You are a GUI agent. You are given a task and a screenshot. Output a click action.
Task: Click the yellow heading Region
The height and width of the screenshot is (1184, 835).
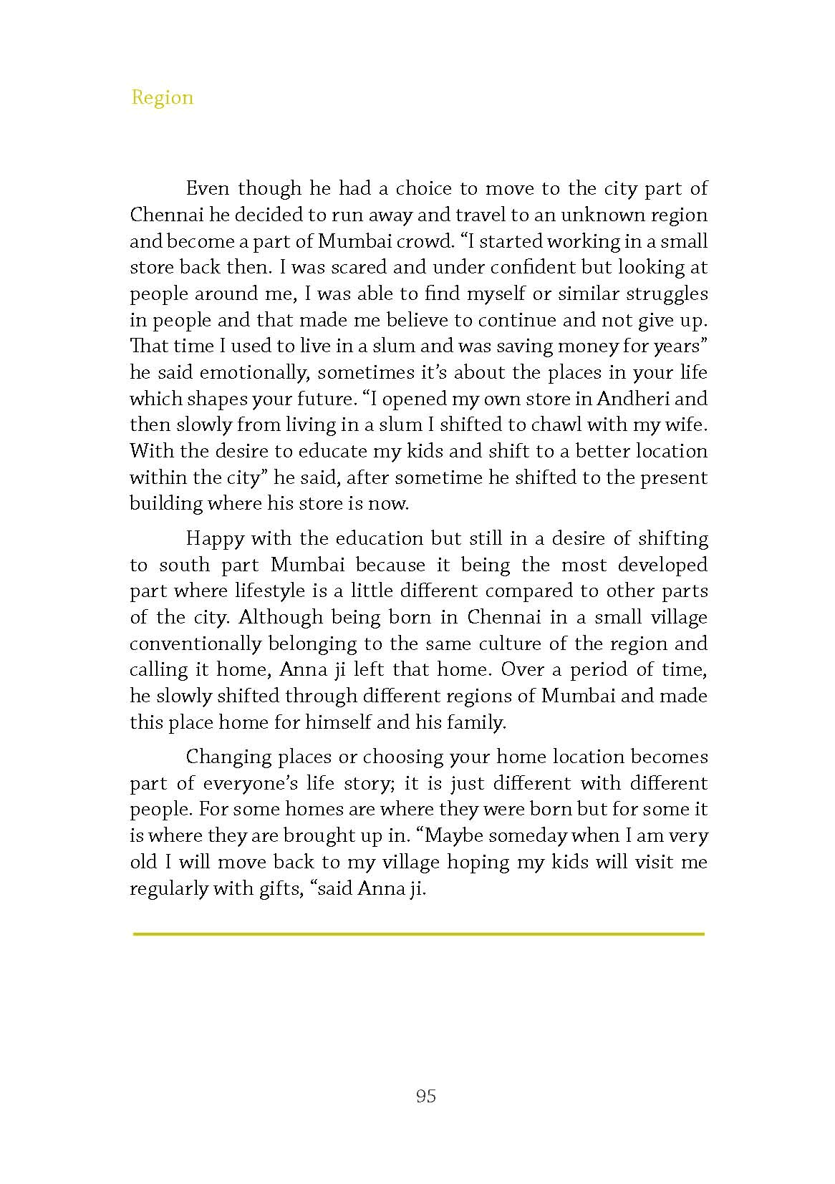(x=162, y=97)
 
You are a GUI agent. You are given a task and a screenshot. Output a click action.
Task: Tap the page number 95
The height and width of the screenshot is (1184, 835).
(x=425, y=1096)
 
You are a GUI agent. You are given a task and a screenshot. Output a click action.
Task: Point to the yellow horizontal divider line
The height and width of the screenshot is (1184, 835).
(x=418, y=933)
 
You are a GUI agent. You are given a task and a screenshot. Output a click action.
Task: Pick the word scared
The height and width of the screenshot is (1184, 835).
(x=353, y=268)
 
